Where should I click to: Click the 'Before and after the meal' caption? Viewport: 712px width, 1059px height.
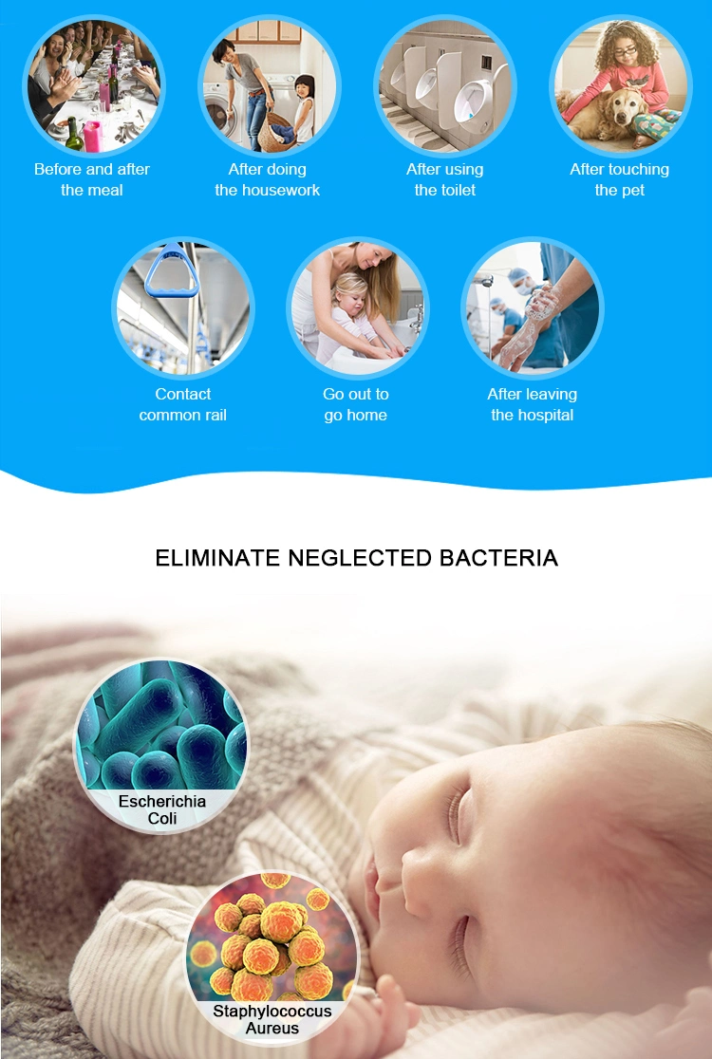pyautogui.click(x=92, y=179)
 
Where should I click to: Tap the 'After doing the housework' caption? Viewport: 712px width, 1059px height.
pyautogui.click(x=268, y=179)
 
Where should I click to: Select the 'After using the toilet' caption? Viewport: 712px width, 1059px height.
pyautogui.click(x=445, y=179)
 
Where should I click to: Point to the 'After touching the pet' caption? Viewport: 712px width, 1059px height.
pyautogui.click(x=620, y=179)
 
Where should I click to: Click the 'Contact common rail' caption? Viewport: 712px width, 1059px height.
pyautogui.click(x=182, y=404)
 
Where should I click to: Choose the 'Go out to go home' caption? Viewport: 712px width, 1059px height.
pyautogui.click(x=355, y=404)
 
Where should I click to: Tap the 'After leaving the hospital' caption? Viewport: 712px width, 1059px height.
pyautogui.click(x=533, y=404)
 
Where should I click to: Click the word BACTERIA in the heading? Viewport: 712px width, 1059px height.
pyautogui.click(x=498, y=558)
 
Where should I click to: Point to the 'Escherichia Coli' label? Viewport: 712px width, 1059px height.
pyautogui.click(x=162, y=809)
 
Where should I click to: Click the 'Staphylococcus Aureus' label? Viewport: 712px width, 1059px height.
pyautogui.click(x=272, y=1020)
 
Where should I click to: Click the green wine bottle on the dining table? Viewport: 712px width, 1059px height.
pyautogui.click(x=74, y=134)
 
